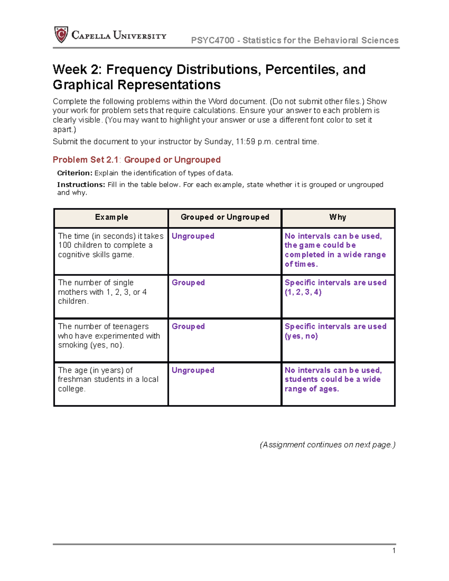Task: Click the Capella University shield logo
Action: pyautogui.click(x=61, y=34)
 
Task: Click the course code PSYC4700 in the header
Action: pyautogui.click(x=213, y=40)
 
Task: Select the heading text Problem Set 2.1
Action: pyautogui.click(x=85, y=160)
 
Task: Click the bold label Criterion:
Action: pyautogui.click(x=74, y=173)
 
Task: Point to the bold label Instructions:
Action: pyautogui.click(x=81, y=184)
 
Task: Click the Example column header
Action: pyautogui.click(x=112, y=217)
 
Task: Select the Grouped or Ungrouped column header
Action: pyautogui.click(x=225, y=217)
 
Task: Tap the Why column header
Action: pyautogui.click(x=337, y=217)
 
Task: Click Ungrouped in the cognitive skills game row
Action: pyautogui.click(x=193, y=236)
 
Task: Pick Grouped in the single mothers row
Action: pyautogui.click(x=188, y=282)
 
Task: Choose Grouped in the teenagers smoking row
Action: pyautogui.click(x=188, y=326)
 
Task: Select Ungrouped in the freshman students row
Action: pyautogui.click(x=193, y=370)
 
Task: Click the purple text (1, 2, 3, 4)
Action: pyautogui.click(x=303, y=292)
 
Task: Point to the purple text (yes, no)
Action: pyautogui.click(x=301, y=336)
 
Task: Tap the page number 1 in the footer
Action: pyautogui.click(x=394, y=550)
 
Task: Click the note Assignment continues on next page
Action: pyautogui.click(x=327, y=444)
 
